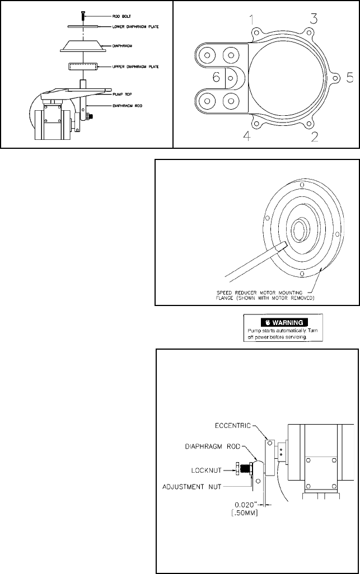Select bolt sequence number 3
pos(315,18)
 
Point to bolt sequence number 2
pos(315,135)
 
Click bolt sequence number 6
pos(216,77)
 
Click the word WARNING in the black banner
pos(288,322)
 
